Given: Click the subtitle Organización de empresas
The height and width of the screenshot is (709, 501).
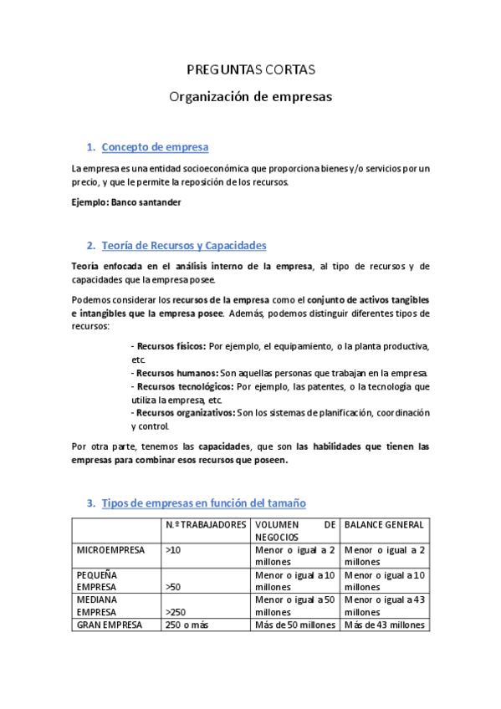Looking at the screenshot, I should [250, 97].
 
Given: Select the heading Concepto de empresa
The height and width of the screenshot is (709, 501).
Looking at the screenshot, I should [155, 148].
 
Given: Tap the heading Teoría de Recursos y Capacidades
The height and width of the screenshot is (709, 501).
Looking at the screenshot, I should [183, 246].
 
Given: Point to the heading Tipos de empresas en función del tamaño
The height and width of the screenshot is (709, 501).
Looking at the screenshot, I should [203, 503].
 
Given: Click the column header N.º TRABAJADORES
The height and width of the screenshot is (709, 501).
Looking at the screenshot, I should [206, 524].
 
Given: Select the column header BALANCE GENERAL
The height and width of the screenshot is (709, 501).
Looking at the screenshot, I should [385, 524].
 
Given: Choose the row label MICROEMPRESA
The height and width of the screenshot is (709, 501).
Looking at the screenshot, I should [110, 550].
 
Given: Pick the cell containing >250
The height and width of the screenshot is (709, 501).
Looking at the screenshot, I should [176, 612].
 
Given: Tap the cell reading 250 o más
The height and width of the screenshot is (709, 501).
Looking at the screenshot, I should [187, 625].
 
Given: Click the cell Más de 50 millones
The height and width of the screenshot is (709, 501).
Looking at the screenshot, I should [295, 625].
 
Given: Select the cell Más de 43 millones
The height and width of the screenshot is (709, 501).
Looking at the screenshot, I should [384, 625].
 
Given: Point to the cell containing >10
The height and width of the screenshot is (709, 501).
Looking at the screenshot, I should [173, 550].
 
